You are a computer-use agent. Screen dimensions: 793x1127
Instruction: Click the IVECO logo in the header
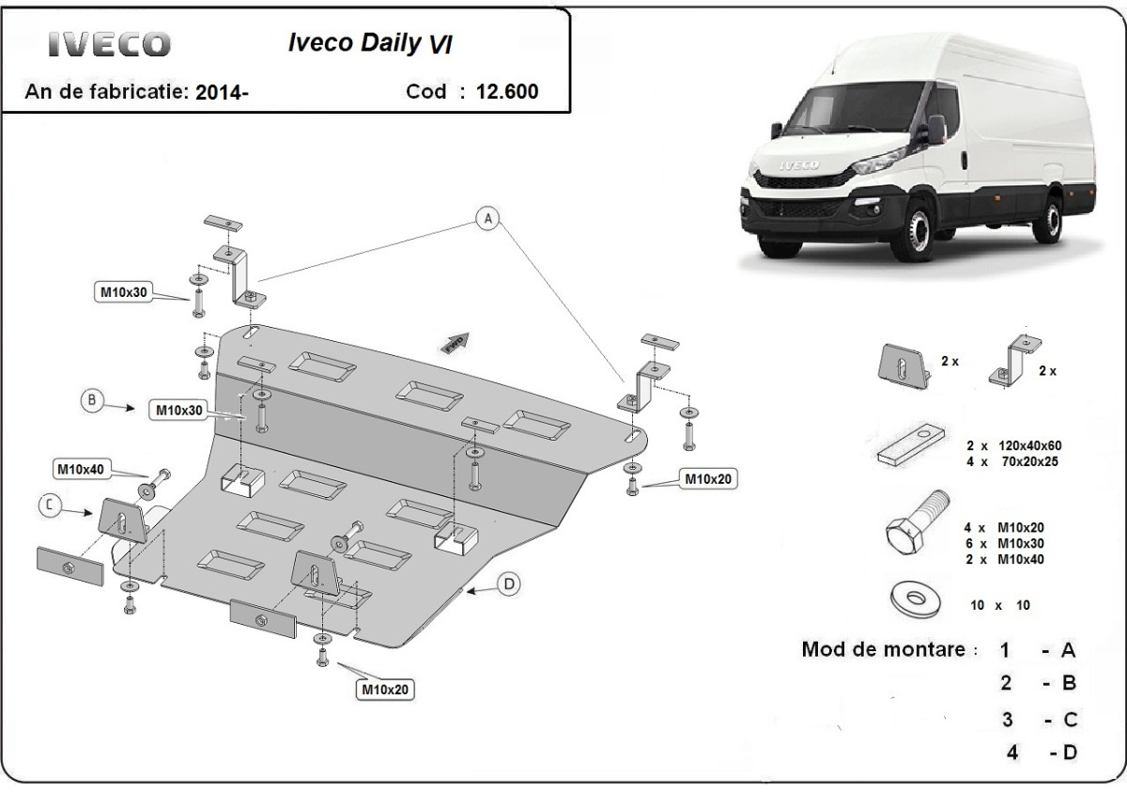[110, 44]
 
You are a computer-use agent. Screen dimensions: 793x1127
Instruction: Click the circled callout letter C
[51, 506]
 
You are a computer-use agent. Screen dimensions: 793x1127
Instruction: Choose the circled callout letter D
[508, 584]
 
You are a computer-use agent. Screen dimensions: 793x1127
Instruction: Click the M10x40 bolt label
[83, 468]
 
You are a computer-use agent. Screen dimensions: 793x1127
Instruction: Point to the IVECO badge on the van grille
[795, 166]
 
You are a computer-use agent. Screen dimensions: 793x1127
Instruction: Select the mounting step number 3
[1007, 721]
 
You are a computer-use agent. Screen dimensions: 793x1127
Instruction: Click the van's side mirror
[939, 131]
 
